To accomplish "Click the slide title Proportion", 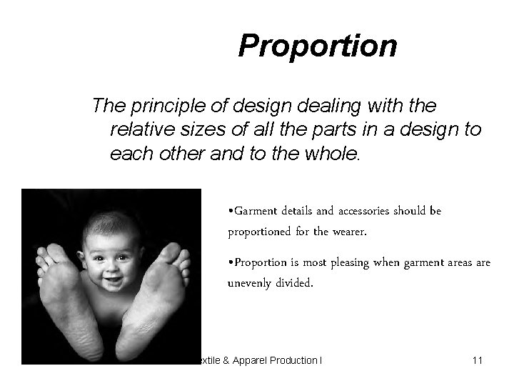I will click(x=317, y=46).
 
